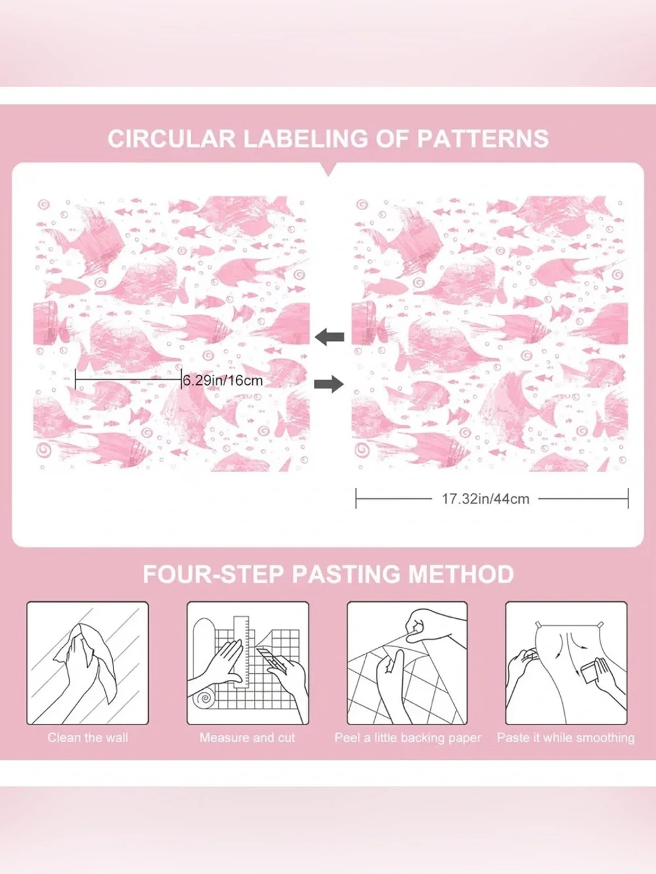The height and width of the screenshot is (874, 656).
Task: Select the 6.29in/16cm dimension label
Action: tap(222, 380)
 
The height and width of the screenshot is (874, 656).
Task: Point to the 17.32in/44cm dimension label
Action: tap(485, 498)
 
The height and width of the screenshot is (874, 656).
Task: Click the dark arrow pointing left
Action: tap(330, 337)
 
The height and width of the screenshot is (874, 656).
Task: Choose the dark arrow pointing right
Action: tap(329, 384)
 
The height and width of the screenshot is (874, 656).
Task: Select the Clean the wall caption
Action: tap(88, 738)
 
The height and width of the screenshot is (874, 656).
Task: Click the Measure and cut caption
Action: tap(247, 738)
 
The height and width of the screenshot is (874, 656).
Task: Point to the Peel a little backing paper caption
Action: tap(408, 738)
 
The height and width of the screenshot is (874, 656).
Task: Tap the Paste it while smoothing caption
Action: tap(565, 738)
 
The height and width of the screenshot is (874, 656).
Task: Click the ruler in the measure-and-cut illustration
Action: tap(241, 652)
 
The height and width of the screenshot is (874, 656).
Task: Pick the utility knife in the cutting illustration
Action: tap(270, 662)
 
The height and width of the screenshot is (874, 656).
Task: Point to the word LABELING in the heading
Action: tap(306, 139)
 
